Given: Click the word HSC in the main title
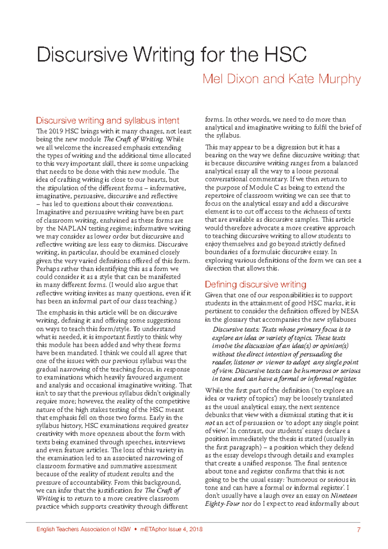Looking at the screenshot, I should click(x=286, y=55).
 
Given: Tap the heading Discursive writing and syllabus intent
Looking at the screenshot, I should click(x=107, y=121).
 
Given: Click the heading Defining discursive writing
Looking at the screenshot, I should click(x=255, y=285).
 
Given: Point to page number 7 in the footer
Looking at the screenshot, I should click(x=358, y=530).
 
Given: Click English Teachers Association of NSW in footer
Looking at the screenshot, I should click(x=83, y=529).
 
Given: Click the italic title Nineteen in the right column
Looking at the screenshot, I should click(x=344, y=496).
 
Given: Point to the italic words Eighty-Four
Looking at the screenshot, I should click(x=222, y=504).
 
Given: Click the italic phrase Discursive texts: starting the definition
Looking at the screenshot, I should click(x=236, y=330).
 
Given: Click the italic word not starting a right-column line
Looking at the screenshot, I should click(x=210, y=423).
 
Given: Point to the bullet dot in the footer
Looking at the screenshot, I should click(x=135, y=529).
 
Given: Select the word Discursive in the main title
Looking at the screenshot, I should click(x=82, y=55).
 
